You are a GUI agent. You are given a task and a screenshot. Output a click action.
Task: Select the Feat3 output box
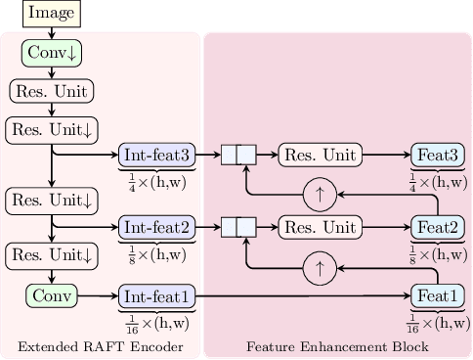coord(437,155)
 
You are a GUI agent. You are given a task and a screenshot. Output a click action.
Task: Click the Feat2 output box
coord(437,227)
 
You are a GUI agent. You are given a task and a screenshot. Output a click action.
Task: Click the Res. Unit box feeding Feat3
coord(320,155)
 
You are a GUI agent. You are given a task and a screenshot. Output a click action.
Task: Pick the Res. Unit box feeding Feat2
coord(320,227)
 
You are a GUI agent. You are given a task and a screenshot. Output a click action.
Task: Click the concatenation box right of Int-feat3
coord(237,155)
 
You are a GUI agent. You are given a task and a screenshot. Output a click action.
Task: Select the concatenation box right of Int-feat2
coord(237,227)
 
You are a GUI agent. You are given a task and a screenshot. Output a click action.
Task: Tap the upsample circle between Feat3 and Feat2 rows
coord(319,194)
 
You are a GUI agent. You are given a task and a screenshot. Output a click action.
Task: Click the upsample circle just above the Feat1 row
coord(319,265)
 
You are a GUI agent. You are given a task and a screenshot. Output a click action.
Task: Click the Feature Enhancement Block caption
coord(337,347)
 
